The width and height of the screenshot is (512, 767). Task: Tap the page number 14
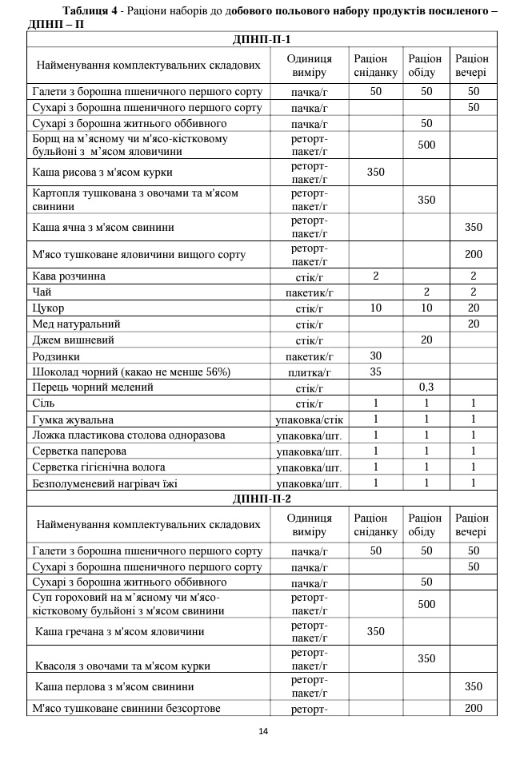pos(263,731)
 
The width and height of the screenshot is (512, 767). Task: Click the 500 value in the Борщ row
pos(426,145)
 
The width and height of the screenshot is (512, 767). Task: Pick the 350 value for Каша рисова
pos(376,172)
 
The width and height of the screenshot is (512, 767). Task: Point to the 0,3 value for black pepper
pos(426,387)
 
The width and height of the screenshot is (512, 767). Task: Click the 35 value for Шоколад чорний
pos(376,372)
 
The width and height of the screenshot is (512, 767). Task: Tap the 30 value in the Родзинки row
pos(376,356)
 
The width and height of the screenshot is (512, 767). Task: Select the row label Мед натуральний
pos(77,324)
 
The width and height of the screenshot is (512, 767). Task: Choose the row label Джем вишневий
pos(74,340)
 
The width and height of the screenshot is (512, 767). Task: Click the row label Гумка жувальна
pos(73,419)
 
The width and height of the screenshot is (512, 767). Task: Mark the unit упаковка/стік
pos(310,419)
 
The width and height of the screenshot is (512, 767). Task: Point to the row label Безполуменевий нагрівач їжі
pos(105,483)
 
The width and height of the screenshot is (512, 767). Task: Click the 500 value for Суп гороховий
pos(426,604)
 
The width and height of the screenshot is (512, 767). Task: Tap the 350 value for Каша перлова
pos(474,686)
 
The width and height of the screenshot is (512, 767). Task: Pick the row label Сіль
pos(44,403)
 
